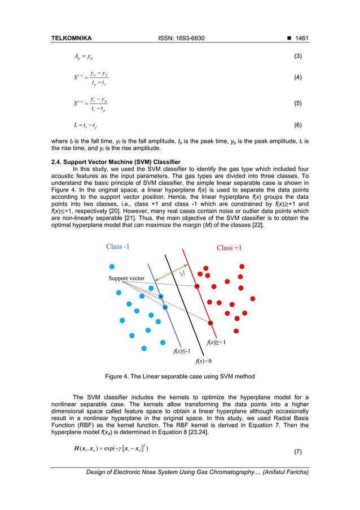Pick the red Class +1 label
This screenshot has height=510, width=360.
pyautogui.click(x=229, y=249)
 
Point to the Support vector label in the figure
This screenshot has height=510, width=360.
pyautogui.click(x=126, y=278)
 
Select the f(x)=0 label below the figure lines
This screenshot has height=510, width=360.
pyautogui.click(x=204, y=361)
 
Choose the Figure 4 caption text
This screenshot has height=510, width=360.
pyautogui.click(x=180, y=377)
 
